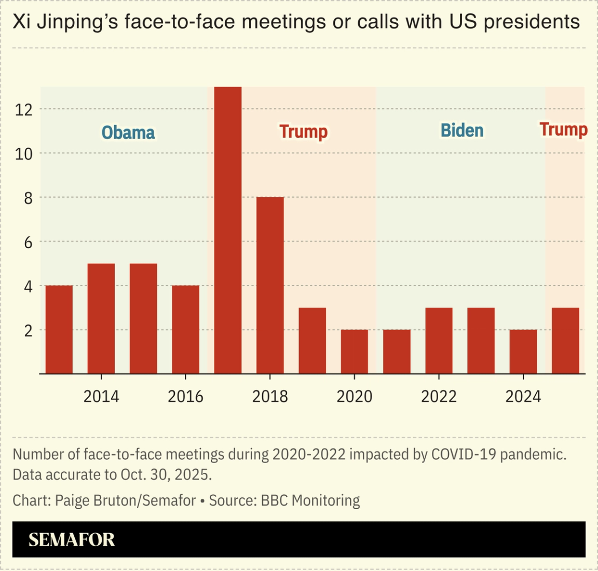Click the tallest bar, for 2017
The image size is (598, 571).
pyautogui.click(x=228, y=230)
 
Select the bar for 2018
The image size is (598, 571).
pyautogui.click(x=270, y=285)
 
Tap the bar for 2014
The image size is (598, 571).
pyautogui.click(x=101, y=318)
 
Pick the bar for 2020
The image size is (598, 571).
pyautogui.click(x=355, y=351)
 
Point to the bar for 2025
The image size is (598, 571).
pyautogui.click(x=565, y=341)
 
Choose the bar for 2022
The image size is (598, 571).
pyautogui.click(x=439, y=341)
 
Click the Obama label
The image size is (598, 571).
pyautogui.click(x=128, y=133)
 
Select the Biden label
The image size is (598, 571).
pyautogui.click(x=462, y=131)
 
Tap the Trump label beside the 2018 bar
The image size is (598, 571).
pyautogui.click(x=304, y=132)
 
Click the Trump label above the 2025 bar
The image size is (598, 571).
pyautogui.click(x=563, y=129)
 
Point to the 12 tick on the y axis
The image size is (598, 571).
pyautogui.click(x=24, y=110)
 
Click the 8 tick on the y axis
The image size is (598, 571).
pyautogui.click(x=28, y=198)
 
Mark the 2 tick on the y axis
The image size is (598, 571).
pyautogui.click(x=28, y=330)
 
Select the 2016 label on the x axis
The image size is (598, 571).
pyautogui.click(x=185, y=397)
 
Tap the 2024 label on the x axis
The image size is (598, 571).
pyautogui.click(x=523, y=397)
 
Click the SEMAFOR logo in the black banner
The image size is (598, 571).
pyautogui.click(x=72, y=540)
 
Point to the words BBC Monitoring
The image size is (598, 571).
pyautogui.click(x=310, y=500)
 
